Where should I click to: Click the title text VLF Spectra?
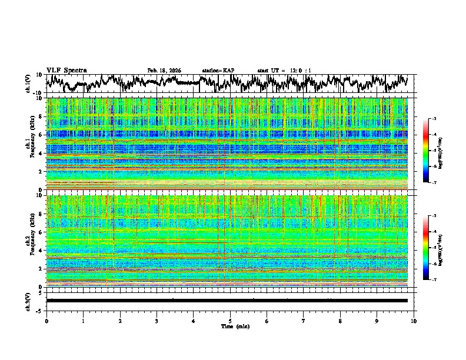click(66, 70)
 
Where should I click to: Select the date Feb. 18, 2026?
click(164, 71)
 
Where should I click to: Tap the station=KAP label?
click(218, 71)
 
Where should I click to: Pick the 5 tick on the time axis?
click(230, 321)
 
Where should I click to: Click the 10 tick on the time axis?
click(414, 321)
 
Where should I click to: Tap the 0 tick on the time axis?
click(46, 321)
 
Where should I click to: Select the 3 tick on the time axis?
click(157, 321)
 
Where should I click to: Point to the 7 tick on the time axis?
click(304, 321)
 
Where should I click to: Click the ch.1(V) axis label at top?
click(28, 84)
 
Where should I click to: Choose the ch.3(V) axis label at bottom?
click(28, 300)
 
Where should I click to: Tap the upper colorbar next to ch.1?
click(426, 151)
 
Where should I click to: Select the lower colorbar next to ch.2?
click(426, 248)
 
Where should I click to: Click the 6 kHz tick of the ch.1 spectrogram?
click(41, 135)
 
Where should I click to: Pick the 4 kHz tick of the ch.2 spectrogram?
click(41, 251)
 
